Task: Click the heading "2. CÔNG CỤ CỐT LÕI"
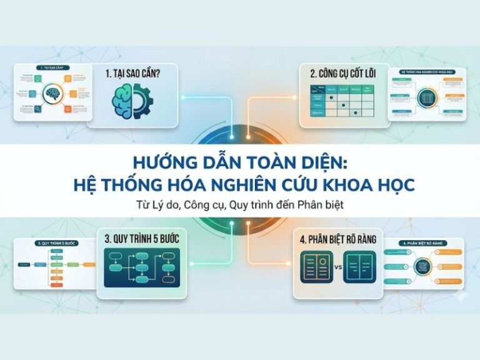point(341,72)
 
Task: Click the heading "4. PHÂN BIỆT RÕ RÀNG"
point(338,237)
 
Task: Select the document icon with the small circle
point(316,267)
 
